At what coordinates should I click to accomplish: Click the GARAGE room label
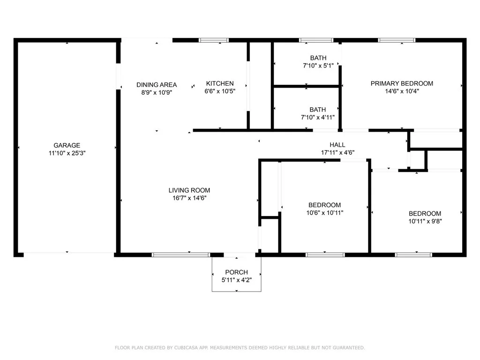(67, 145)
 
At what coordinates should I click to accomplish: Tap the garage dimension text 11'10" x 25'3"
(67, 153)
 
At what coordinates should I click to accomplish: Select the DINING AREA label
(157, 85)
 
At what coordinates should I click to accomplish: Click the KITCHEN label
(220, 83)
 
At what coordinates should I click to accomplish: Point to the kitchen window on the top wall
(214, 40)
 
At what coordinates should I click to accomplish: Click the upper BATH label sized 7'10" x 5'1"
(318, 58)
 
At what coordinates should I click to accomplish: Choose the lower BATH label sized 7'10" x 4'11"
(317, 110)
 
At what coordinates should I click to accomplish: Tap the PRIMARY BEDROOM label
(402, 83)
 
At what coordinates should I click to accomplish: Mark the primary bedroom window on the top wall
(397, 40)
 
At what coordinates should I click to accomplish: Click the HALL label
(337, 145)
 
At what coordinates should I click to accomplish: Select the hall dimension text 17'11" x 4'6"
(337, 152)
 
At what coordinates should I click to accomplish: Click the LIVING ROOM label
(189, 190)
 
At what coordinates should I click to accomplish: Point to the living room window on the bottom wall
(181, 255)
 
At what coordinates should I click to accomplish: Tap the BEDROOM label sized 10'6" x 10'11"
(324, 205)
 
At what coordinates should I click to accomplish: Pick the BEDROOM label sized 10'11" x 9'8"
(425, 214)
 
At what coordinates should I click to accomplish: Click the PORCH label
(236, 272)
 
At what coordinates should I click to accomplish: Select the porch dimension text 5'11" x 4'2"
(237, 280)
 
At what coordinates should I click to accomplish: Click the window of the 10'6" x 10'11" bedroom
(325, 255)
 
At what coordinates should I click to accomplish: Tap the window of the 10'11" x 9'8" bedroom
(413, 255)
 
